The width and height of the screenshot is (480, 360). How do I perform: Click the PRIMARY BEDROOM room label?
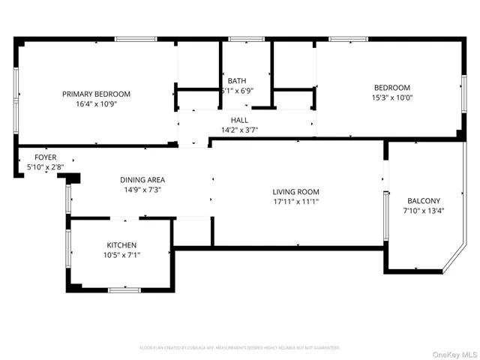pyautogui.click(x=96, y=94)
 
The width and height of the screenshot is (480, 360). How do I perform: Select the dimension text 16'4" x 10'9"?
pyautogui.click(x=96, y=103)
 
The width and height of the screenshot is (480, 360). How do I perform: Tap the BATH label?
pyautogui.click(x=237, y=81)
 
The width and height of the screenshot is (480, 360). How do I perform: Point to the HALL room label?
pyautogui.click(x=239, y=120)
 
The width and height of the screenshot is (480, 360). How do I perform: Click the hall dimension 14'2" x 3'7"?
pyautogui.click(x=239, y=130)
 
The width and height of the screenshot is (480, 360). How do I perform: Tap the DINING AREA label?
pyautogui.click(x=142, y=180)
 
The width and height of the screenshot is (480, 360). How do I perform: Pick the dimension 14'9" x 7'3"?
pyautogui.click(x=142, y=190)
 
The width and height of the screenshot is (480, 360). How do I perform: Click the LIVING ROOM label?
pyautogui.click(x=295, y=192)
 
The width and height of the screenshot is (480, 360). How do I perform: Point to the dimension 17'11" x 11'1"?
pyautogui.click(x=295, y=202)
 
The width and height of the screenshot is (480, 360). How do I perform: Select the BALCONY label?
pyautogui.click(x=424, y=201)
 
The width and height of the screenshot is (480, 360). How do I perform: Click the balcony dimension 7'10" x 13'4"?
pyautogui.click(x=424, y=211)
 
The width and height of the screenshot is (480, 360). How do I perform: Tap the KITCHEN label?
pyautogui.click(x=121, y=245)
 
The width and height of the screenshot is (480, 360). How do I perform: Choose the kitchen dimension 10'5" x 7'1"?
pyautogui.click(x=121, y=255)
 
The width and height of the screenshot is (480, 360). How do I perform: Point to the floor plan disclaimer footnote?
pyautogui.click(x=239, y=348)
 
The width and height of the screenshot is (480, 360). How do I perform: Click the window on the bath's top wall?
pyautogui.click(x=241, y=38)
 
